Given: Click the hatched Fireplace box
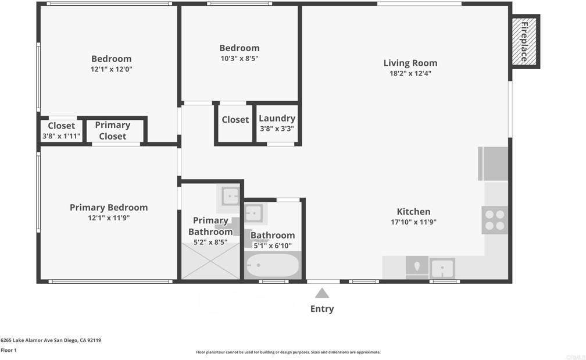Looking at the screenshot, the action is [x=524, y=41].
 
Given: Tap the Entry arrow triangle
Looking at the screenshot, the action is [x=322, y=293].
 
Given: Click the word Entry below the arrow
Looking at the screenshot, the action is [x=322, y=309].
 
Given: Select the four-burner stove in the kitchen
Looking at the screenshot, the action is [x=495, y=220].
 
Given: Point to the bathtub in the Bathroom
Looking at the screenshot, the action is [x=273, y=265].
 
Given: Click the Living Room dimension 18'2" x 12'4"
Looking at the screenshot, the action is [x=410, y=73].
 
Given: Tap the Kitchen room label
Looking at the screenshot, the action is [x=413, y=212].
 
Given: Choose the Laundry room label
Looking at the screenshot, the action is [x=277, y=119].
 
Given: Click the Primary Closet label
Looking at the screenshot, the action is [x=113, y=130].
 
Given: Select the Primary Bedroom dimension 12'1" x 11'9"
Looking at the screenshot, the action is [x=109, y=218].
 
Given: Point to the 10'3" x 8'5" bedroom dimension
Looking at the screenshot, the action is [x=240, y=58].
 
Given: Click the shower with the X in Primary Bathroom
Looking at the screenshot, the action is [x=210, y=261].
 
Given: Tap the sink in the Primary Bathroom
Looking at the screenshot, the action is [x=230, y=196].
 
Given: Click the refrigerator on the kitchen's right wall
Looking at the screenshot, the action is [x=493, y=164].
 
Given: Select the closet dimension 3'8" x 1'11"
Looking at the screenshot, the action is [x=61, y=136].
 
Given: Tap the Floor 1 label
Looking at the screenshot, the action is [x=9, y=350].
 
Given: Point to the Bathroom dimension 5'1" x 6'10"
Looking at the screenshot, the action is [x=273, y=245].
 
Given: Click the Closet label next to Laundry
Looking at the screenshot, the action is [x=235, y=120].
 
